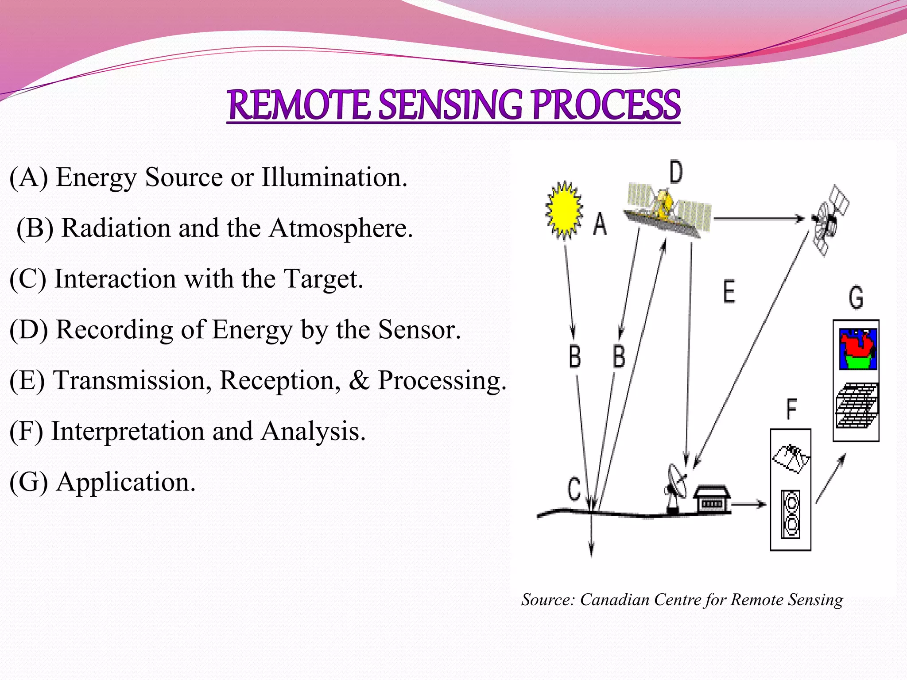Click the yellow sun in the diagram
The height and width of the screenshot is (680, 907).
click(x=564, y=210)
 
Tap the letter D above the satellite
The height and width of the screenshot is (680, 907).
click(x=676, y=173)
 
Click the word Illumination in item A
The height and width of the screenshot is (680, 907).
click(x=333, y=177)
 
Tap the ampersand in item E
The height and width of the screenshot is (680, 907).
click(x=359, y=380)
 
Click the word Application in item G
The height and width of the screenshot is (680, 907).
click(x=125, y=482)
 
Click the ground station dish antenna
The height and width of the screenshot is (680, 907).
click(x=676, y=487)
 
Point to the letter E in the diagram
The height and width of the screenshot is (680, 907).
click(x=729, y=292)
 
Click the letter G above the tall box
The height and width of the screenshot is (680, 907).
click(x=856, y=297)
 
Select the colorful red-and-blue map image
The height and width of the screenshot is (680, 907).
click(x=858, y=349)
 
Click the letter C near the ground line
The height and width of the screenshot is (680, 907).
click(x=574, y=489)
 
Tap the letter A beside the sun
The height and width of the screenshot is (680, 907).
click(x=600, y=224)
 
